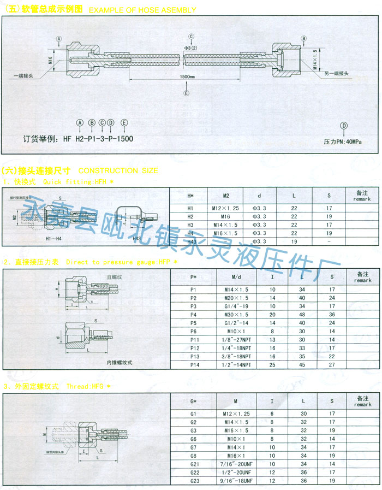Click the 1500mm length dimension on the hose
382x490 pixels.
[187, 77]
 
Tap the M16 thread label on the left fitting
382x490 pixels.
[50, 60]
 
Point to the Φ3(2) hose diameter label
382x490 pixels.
[191, 48]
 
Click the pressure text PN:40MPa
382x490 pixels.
[343, 141]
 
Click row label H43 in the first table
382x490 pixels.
[191, 241]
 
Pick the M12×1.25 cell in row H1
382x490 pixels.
[225, 209]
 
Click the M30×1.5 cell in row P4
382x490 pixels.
[236, 315]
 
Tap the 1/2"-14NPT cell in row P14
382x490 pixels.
[236, 364]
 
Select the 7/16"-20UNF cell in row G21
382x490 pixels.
[236, 463]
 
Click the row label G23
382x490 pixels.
[193, 480]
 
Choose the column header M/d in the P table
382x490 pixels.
[236, 276]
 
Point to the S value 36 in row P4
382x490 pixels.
[331, 315]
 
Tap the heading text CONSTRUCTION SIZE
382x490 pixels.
[118, 170]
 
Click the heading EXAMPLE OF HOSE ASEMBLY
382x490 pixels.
[142, 10]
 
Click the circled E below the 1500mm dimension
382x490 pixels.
[187, 93]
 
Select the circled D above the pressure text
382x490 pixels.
[344, 126]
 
